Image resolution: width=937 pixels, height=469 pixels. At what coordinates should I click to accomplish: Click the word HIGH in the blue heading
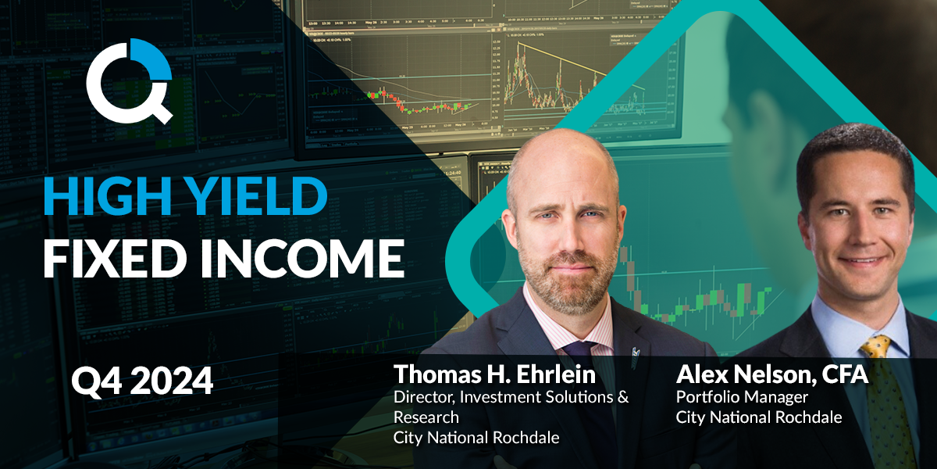coord(108,196)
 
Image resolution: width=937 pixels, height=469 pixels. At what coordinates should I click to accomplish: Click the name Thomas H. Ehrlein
coord(494,374)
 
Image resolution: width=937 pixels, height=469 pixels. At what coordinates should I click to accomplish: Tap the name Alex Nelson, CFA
coord(772,374)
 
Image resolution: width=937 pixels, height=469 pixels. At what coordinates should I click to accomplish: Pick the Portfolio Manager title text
coord(742,397)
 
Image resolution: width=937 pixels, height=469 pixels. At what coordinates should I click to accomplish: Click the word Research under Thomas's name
coord(426,417)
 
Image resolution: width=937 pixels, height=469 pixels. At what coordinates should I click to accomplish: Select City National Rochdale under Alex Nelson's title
coord(759,417)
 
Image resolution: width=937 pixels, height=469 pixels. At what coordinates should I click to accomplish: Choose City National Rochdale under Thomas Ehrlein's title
coord(476,438)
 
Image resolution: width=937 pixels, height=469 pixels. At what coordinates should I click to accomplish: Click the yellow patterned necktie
coord(887,402)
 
